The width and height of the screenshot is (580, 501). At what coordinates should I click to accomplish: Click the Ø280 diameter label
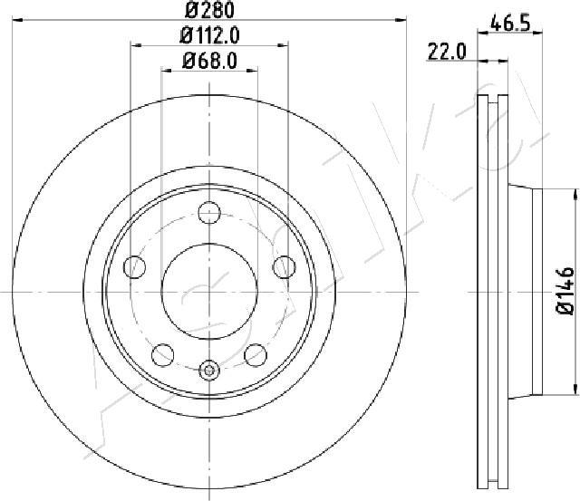pyautogui.click(x=209, y=10)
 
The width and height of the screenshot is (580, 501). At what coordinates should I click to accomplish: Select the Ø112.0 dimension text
pyautogui.click(x=209, y=36)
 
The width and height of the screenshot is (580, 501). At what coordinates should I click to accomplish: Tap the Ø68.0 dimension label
pyautogui.click(x=209, y=61)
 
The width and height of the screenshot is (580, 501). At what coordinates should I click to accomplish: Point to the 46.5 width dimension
pyautogui.click(x=510, y=24)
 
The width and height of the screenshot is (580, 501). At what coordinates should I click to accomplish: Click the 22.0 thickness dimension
pyautogui.click(x=447, y=52)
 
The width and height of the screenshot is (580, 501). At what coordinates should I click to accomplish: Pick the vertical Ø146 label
pyautogui.click(x=565, y=291)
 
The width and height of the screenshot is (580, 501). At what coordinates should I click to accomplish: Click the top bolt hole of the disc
pyautogui.click(x=209, y=213)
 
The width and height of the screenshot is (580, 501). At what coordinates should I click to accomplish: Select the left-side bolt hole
pyautogui.click(x=135, y=266)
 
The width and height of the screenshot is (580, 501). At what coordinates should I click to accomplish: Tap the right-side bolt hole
pyautogui.click(x=284, y=266)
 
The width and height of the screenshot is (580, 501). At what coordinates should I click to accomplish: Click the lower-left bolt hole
pyautogui.click(x=163, y=355)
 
